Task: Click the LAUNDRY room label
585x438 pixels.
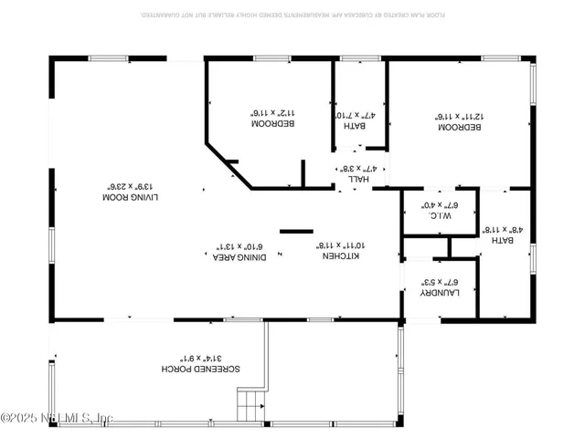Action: click(x=439, y=293)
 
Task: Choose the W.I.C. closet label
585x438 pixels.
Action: click(x=437, y=216)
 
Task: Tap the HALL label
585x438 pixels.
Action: click(x=356, y=180)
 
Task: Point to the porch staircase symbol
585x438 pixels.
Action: click(x=250, y=404)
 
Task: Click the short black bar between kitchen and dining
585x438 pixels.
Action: click(x=296, y=231)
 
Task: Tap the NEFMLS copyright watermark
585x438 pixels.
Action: click(x=57, y=419)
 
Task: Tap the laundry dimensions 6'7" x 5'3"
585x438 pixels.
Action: click(x=439, y=282)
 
